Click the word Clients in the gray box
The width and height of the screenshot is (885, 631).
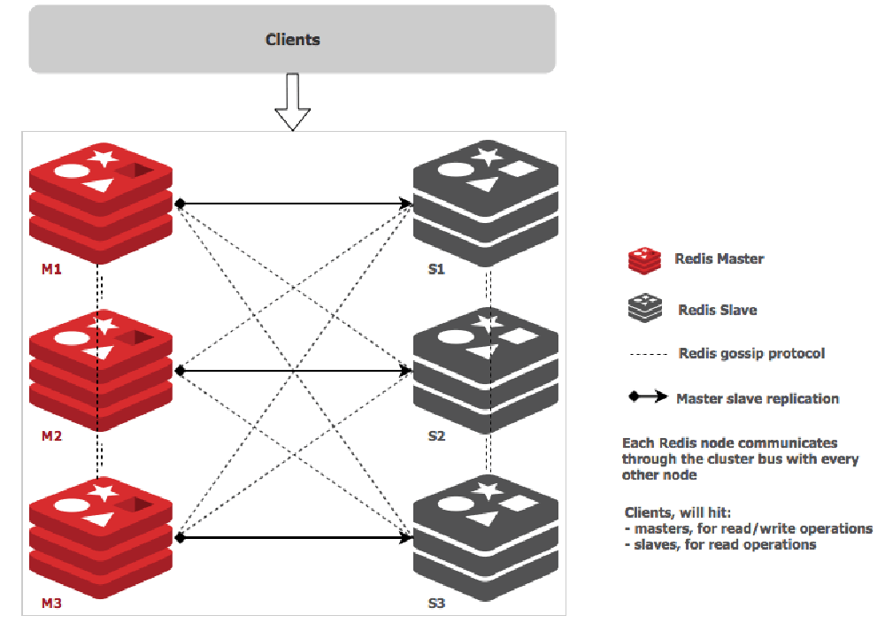click(x=293, y=40)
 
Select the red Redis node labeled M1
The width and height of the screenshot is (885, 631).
click(x=100, y=202)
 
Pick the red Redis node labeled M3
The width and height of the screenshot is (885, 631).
click(x=100, y=538)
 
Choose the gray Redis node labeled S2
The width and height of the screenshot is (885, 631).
click(x=486, y=370)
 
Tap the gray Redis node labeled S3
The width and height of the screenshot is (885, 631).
click(x=486, y=538)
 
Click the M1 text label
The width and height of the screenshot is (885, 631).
click(x=51, y=269)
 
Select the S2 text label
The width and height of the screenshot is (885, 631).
click(x=436, y=437)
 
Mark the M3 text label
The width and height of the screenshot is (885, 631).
click(x=51, y=605)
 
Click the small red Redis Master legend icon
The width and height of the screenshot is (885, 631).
click(x=644, y=260)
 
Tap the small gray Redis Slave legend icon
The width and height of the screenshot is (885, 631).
click(x=644, y=309)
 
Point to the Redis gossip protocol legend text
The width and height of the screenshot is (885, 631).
click(x=751, y=353)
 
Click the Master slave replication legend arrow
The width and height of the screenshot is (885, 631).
click(x=649, y=397)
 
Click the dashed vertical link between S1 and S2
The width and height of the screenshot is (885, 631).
click(x=488, y=286)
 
